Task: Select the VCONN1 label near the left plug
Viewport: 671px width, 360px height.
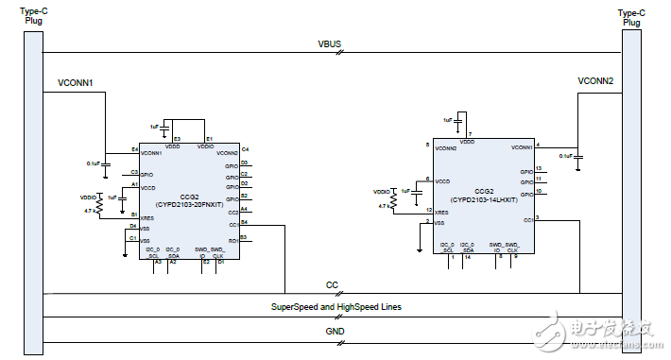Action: [x=77, y=82]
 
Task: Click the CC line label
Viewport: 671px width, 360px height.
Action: [x=332, y=284]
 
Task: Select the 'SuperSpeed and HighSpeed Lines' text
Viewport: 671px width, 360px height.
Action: [x=335, y=308]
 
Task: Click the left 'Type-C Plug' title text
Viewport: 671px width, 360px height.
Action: [x=30, y=16]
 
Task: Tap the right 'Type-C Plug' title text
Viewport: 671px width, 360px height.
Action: [x=631, y=16]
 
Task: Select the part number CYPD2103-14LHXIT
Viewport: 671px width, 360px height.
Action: [x=483, y=199]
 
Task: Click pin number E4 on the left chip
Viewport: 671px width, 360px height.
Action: [x=134, y=148]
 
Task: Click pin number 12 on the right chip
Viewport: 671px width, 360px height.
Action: [x=430, y=210]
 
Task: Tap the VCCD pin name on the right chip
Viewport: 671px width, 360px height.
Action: [x=441, y=180]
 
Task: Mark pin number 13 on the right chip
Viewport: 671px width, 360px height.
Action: [x=538, y=168]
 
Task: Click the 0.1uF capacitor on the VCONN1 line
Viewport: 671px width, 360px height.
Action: [x=105, y=163]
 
